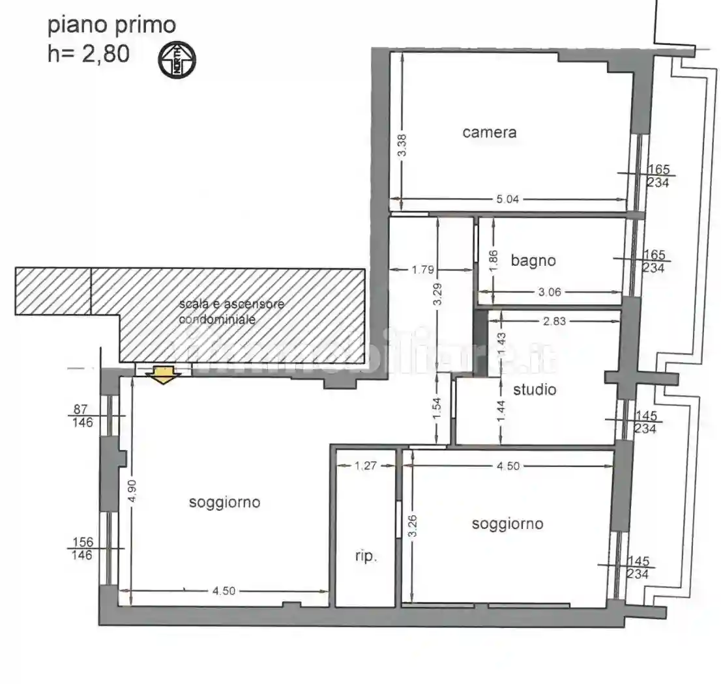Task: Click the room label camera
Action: click(489, 132)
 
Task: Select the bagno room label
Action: click(533, 261)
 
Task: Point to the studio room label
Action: click(535, 390)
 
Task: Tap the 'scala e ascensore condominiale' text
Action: click(232, 312)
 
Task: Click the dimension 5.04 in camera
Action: click(507, 200)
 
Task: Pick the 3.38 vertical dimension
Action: click(402, 145)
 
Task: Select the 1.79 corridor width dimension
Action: click(422, 269)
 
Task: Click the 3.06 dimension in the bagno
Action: click(550, 292)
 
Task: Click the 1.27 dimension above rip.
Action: click(366, 466)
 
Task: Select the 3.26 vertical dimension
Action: click(411, 526)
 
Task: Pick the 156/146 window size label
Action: click(83, 549)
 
